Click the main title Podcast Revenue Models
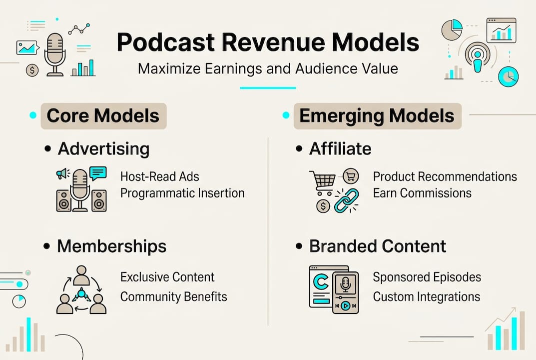(268, 43)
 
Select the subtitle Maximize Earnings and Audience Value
(268, 68)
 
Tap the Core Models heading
(103, 116)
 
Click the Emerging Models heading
(377, 116)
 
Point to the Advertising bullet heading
(103, 148)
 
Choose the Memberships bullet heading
(111, 246)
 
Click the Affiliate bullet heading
(340, 148)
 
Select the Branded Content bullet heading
(378, 246)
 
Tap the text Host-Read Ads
(160, 176)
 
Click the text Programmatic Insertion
(182, 193)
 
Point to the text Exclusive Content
(167, 277)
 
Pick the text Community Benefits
(174, 296)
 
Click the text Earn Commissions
(422, 193)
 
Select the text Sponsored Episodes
(427, 277)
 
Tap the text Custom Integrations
(427, 296)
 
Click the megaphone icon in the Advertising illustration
(62, 173)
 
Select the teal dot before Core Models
(33, 115)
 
